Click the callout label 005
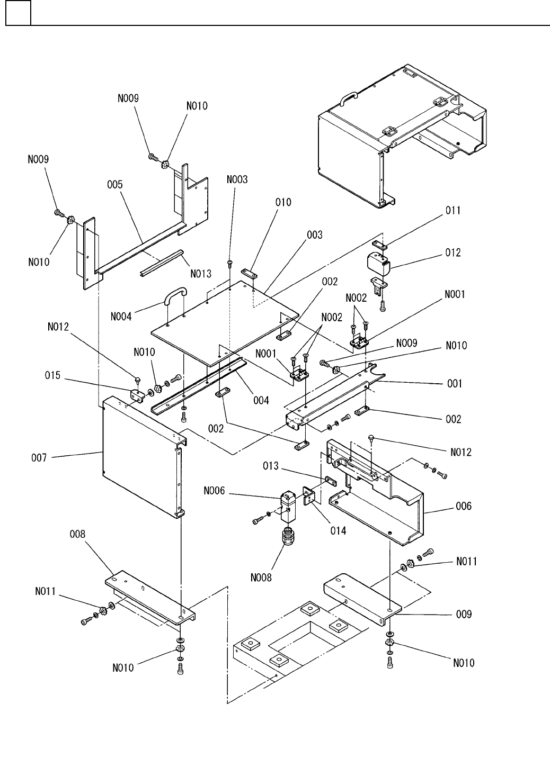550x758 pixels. (114, 185)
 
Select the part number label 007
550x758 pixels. (38, 456)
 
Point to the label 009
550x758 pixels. (464, 615)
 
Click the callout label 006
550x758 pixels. (464, 506)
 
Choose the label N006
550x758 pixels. (214, 491)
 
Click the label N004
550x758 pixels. (122, 317)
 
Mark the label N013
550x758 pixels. (200, 274)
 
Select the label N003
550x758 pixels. (237, 180)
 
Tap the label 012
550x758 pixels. (453, 253)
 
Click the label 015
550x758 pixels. (52, 376)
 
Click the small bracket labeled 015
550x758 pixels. (137, 395)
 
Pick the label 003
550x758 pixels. (314, 235)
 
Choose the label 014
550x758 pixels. (337, 530)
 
